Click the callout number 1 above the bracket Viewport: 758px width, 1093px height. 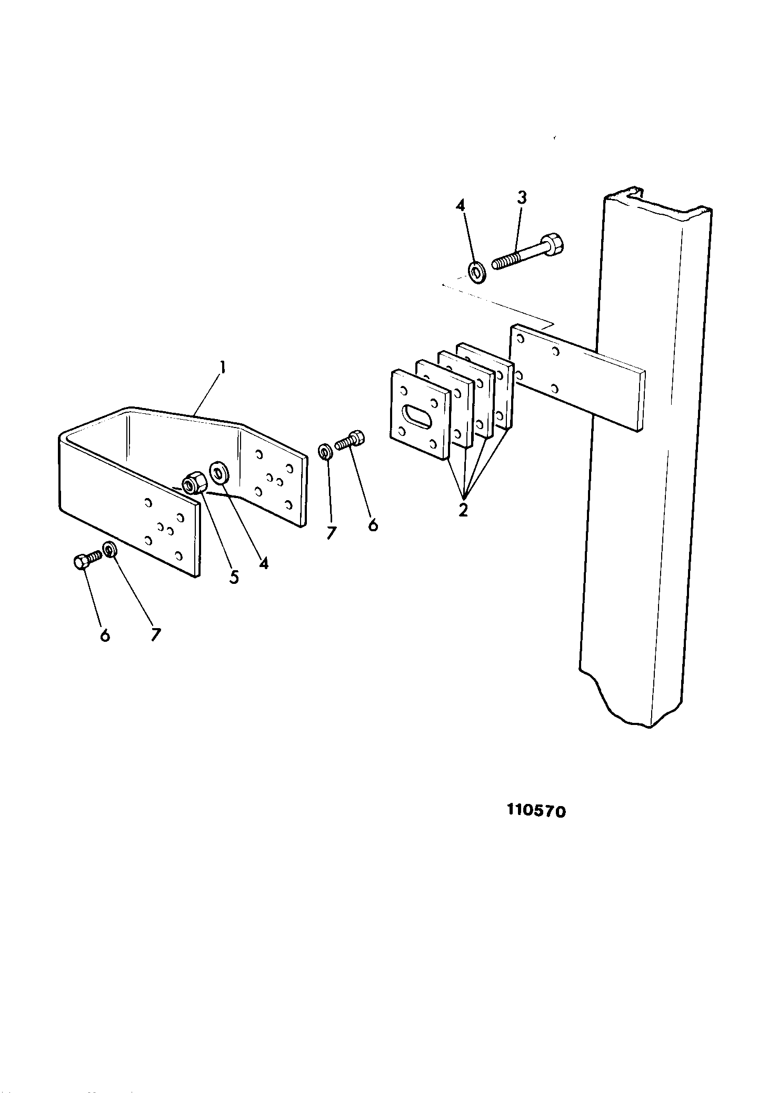click(x=223, y=367)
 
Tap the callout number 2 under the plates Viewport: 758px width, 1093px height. click(x=463, y=510)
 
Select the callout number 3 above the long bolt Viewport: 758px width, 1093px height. click(x=521, y=198)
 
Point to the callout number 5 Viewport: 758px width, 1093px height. click(x=234, y=577)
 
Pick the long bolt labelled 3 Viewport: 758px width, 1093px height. click(x=528, y=251)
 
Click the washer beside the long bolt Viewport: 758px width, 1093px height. click(x=477, y=272)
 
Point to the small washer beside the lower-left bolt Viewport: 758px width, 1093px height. click(x=109, y=550)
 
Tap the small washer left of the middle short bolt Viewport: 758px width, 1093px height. click(x=325, y=452)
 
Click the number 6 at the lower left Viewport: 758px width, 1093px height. click(x=105, y=635)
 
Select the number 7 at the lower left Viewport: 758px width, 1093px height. click(x=155, y=635)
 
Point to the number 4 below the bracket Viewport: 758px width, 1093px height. click(x=264, y=563)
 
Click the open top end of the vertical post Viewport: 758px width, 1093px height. click(x=658, y=203)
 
